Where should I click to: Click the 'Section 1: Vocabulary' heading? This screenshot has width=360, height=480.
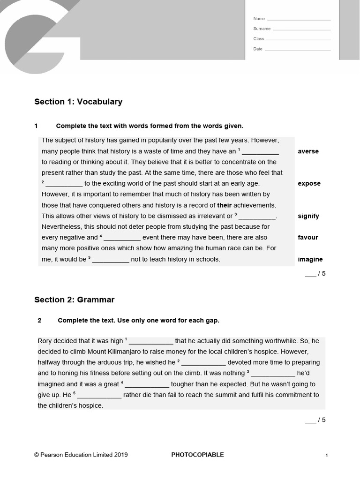tap(78, 102)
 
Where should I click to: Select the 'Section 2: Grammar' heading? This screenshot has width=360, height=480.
tap(74, 300)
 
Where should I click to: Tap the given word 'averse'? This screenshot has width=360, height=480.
tap(308, 151)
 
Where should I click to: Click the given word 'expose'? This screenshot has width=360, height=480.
tap(309, 184)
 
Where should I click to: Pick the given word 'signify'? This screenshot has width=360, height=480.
tap(308, 216)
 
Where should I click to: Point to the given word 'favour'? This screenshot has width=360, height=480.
tap(308, 238)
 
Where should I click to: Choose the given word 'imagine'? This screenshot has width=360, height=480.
tap(310, 259)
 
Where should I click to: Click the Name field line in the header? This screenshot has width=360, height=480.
tap(299, 20)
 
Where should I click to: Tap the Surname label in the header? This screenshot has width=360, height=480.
tap(262, 29)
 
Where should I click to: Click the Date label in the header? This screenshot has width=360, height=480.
tap(258, 49)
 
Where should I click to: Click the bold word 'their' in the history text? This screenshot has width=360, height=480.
tap(224, 205)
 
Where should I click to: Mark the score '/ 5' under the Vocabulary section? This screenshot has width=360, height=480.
tap(315, 274)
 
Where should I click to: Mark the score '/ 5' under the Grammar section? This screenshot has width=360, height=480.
tap(315, 420)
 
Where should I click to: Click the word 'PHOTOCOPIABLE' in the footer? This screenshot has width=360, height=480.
tap(197, 455)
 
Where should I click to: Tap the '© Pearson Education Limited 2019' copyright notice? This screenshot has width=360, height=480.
tap(81, 455)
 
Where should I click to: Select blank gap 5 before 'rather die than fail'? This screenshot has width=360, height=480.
tap(99, 395)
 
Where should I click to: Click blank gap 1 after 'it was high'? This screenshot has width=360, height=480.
tap(150, 341)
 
